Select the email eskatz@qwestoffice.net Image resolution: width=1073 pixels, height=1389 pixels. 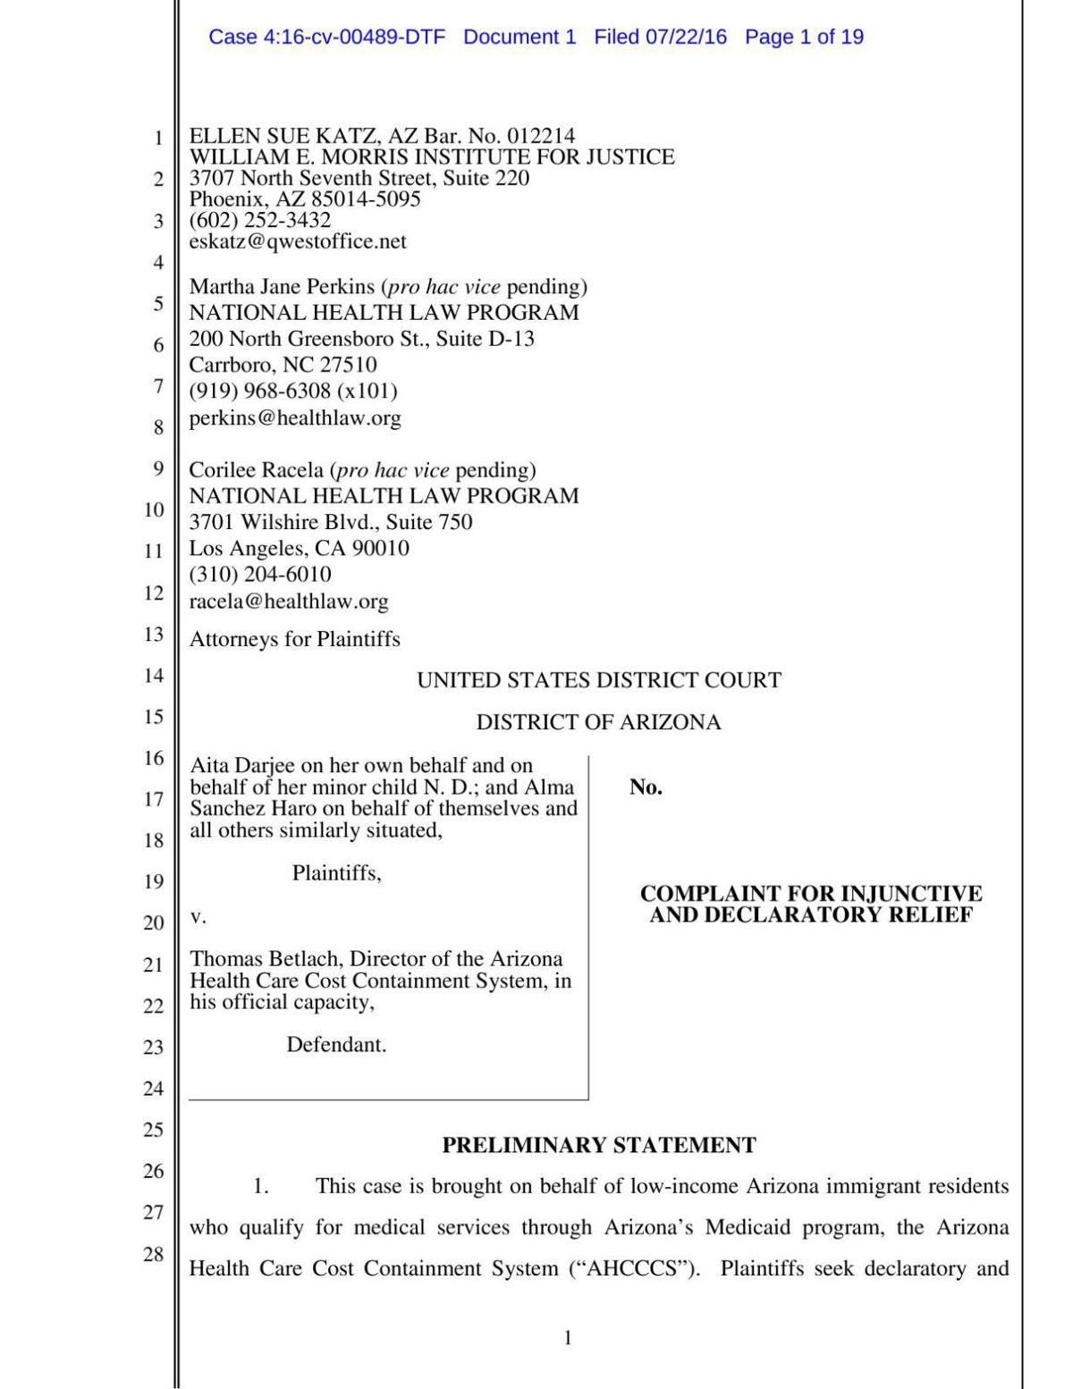297,241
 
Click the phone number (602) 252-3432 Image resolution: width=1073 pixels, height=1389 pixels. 259,220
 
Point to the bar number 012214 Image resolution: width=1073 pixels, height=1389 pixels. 541,136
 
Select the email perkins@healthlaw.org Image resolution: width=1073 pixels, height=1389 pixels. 294,417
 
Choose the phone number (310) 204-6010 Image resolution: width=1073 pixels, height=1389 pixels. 259,575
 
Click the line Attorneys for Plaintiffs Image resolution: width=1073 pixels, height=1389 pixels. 294,639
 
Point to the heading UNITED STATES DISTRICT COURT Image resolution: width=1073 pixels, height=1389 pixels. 598,680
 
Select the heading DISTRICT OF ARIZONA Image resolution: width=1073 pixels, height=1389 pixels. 598,722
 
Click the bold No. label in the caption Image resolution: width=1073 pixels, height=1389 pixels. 646,787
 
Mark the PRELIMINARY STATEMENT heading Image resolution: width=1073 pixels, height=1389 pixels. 598,1145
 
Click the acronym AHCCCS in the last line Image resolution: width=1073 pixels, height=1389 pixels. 633,1268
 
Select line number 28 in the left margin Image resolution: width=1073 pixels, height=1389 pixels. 154,1254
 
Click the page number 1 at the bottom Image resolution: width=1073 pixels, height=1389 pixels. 568,1337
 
